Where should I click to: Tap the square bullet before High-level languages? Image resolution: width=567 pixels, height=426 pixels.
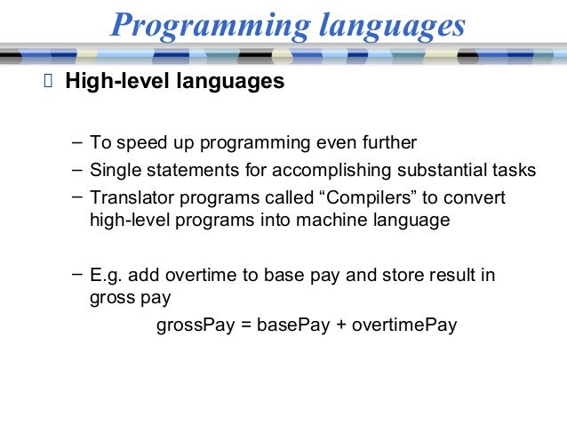click(x=48, y=84)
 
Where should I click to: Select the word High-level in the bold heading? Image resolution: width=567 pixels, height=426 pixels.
click(x=113, y=83)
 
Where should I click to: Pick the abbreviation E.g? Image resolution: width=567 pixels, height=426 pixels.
click(x=107, y=276)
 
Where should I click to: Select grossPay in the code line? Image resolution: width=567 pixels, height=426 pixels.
click(x=195, y=325)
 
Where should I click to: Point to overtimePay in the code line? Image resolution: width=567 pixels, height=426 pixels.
click(x=404, y=325)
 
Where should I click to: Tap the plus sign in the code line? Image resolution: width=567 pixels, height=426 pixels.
click(x=339, y=325)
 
